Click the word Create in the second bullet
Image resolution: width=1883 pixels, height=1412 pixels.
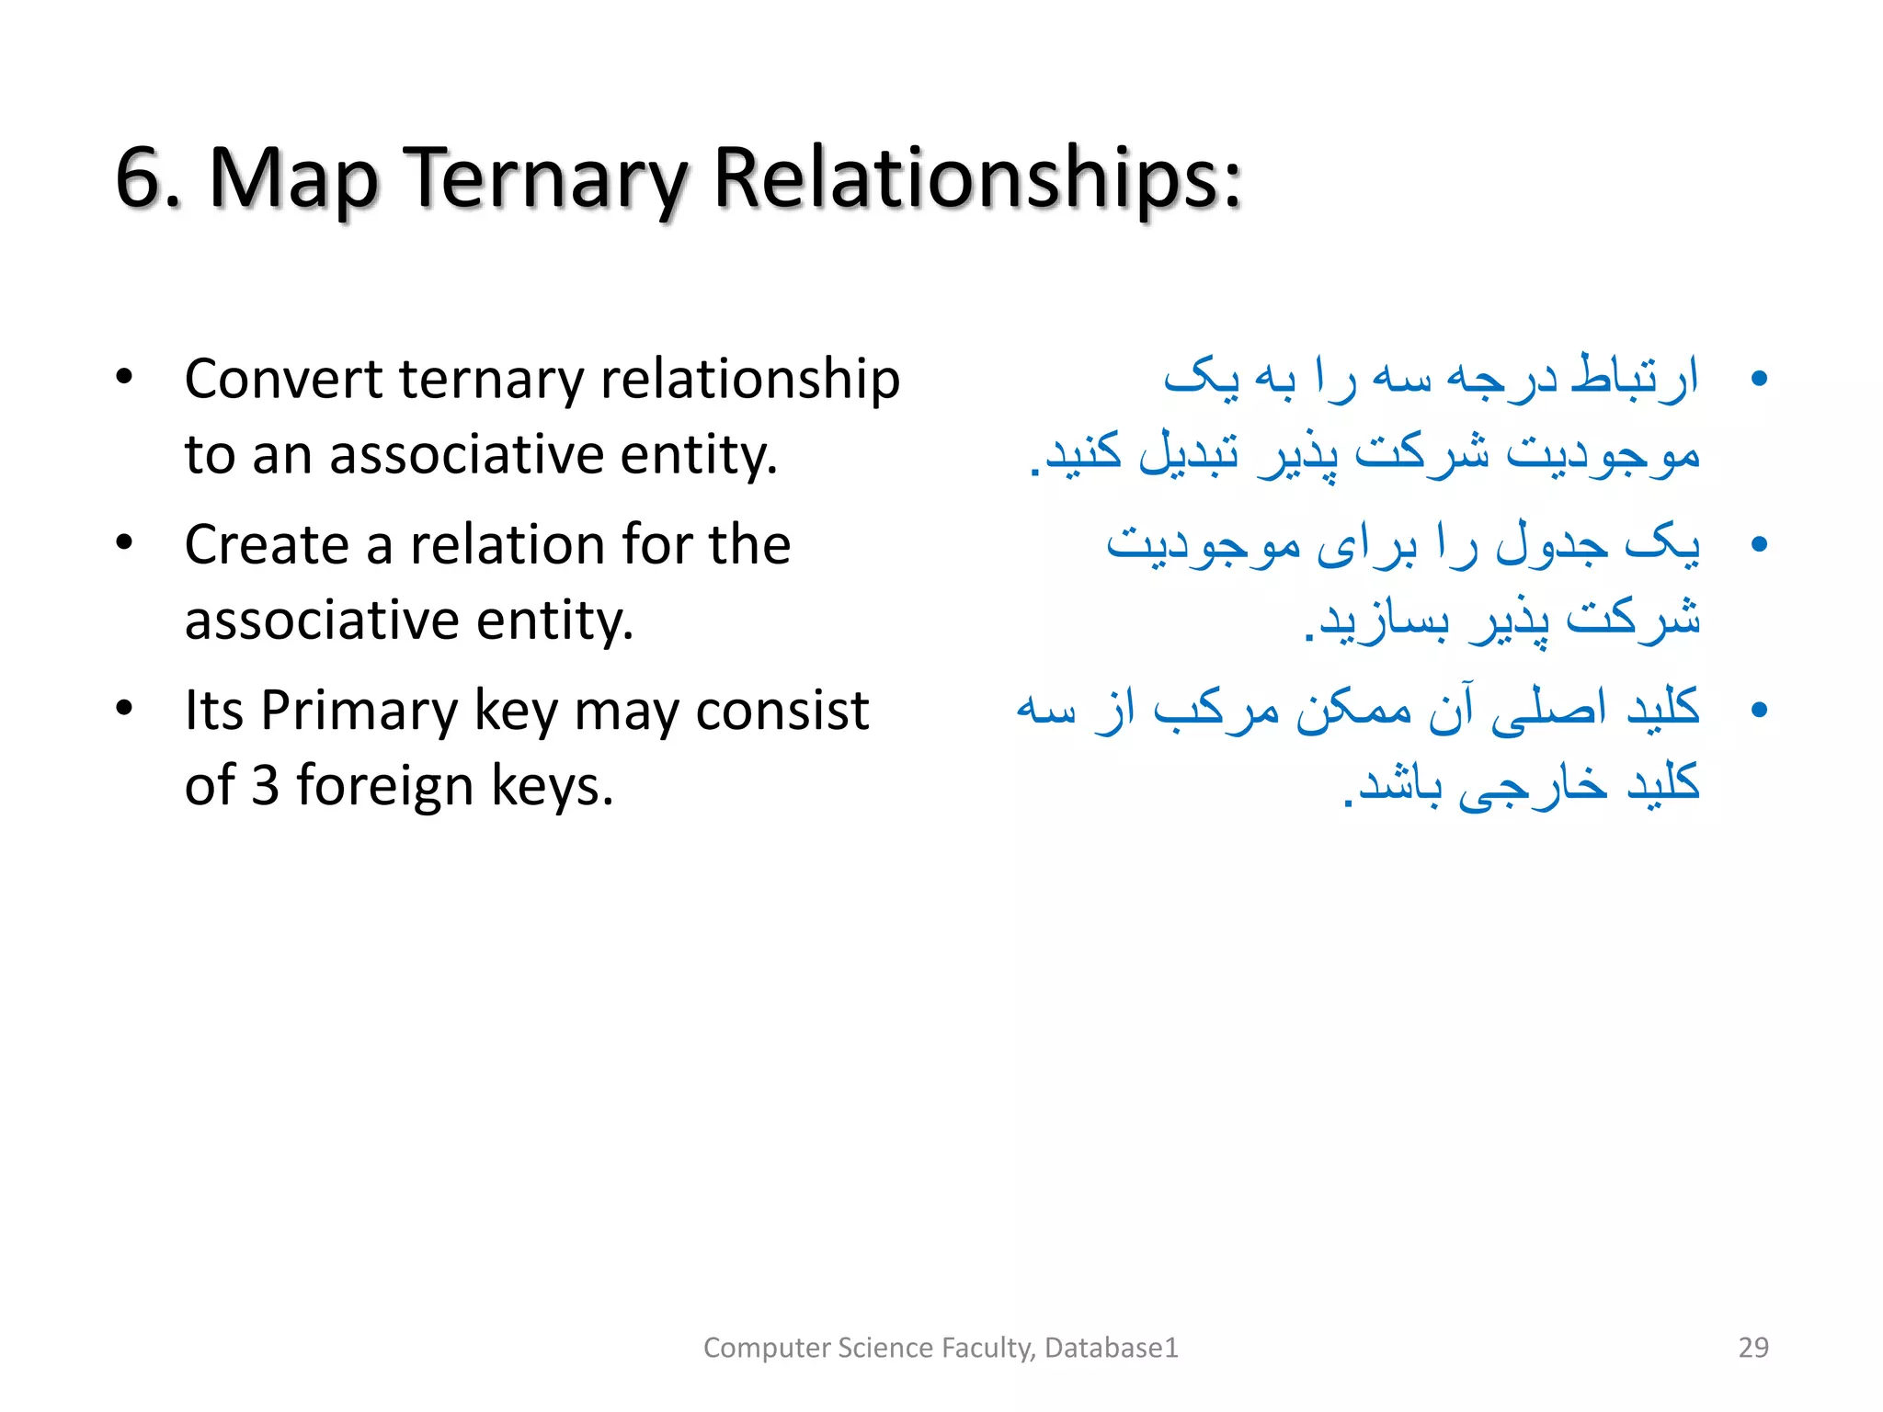[267, 544]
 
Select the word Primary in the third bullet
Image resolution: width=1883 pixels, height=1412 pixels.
[359, 712]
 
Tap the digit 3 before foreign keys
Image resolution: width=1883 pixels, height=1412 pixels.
[265, 786]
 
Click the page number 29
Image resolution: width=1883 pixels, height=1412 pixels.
[1753, 1348]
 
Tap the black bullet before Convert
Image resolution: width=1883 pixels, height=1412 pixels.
[124, 378]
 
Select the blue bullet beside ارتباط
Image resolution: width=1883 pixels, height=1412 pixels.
[1759, 379]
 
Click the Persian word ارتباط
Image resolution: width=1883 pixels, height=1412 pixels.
[1635, 377]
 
